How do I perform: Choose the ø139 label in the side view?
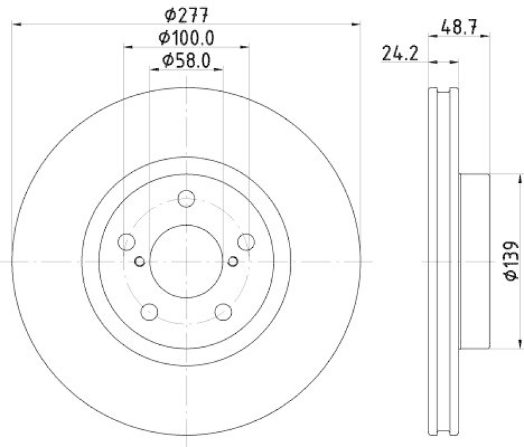(512, 262)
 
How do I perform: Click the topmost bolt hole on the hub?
(187, 198)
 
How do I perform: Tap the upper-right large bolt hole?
(246, 242)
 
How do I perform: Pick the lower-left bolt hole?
(150, 312)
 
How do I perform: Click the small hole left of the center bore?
(139, 262)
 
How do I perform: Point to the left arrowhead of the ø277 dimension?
(17, 24)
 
